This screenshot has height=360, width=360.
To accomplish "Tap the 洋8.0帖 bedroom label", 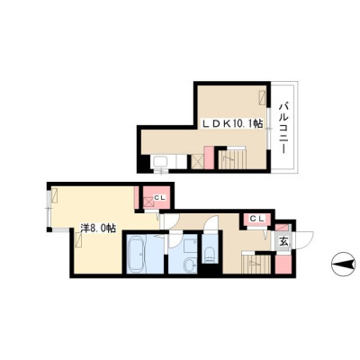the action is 98,229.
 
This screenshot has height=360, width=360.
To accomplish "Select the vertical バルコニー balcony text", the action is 283,129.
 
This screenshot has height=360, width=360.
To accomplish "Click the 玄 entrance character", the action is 283,241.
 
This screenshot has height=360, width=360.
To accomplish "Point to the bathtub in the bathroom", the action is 137,254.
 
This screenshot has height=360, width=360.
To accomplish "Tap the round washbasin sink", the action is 190,265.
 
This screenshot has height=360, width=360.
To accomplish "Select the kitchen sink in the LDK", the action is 161,162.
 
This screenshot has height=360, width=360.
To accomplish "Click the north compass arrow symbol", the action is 343,264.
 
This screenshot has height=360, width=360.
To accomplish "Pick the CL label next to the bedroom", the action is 159,197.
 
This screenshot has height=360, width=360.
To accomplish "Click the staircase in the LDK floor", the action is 232,159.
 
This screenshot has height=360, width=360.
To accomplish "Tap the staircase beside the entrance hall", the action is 256,264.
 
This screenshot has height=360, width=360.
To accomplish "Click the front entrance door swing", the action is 303,240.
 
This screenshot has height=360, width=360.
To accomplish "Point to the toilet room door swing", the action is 211,224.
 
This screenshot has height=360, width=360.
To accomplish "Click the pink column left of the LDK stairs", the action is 209,157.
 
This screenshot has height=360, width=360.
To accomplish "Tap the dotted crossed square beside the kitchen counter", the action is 198,161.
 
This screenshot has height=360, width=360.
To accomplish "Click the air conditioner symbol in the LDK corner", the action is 263,97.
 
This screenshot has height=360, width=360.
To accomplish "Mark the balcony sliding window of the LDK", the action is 269,129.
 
